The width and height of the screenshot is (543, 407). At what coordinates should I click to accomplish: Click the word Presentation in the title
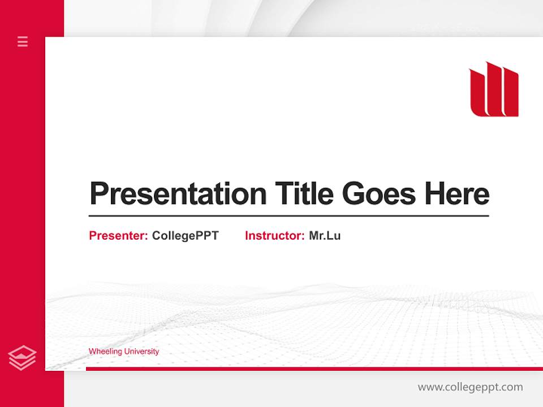178,194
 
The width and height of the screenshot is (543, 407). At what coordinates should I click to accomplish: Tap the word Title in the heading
304,194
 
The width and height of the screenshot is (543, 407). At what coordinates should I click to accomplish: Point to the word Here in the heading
457,194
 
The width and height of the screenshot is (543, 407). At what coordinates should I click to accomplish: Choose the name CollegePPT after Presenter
185,236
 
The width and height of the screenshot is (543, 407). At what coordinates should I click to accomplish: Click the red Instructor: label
275,236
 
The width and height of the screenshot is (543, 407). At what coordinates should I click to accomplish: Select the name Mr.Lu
325,236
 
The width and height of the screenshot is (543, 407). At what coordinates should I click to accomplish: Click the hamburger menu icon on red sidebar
23,41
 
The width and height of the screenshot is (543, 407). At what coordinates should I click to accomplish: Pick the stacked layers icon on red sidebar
23,358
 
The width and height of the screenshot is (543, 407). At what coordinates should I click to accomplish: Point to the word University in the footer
141,352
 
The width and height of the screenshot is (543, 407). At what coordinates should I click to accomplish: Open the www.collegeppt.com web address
470,387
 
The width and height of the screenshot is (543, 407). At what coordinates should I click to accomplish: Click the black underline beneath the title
288,215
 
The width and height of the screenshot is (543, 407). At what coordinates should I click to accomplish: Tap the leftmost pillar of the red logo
478,93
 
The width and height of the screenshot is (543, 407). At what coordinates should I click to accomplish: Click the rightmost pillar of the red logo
510,93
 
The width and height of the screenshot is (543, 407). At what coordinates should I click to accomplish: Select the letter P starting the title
99,194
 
